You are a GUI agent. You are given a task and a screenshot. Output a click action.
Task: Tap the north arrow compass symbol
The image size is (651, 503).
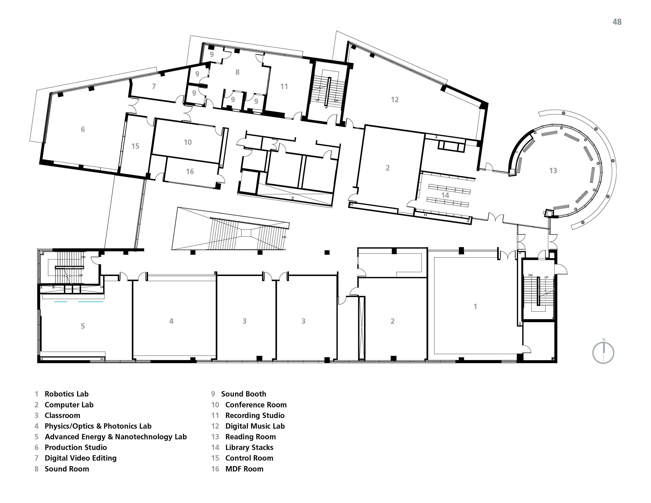603,353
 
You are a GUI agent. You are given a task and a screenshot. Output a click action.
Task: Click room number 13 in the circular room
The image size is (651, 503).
553,171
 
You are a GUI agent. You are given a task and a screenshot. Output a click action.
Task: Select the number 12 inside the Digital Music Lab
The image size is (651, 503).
395,100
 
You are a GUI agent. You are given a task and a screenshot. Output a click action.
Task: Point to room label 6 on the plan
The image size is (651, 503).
83,129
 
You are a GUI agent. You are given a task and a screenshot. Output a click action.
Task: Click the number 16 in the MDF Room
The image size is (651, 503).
190,171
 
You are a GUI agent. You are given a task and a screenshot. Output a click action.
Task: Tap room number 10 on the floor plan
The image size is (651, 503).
188,142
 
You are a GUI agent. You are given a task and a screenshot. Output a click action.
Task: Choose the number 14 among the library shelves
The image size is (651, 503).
445,195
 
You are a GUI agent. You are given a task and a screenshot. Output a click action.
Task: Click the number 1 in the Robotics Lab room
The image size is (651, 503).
475,307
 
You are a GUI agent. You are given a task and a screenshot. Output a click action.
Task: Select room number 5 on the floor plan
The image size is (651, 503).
83,326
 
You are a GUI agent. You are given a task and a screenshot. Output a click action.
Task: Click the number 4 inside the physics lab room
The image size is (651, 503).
171,321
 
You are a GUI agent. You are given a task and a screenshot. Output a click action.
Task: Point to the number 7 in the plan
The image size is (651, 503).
154,86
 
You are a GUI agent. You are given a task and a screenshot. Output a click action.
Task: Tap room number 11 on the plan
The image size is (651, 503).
284,86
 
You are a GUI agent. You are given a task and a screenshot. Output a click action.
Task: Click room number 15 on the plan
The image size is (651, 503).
135,146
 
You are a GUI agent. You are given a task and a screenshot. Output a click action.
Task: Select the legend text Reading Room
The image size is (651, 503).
250,437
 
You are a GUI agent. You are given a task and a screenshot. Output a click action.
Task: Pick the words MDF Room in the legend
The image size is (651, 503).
244,469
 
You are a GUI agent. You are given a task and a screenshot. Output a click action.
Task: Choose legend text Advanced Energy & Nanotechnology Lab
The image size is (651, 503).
116,437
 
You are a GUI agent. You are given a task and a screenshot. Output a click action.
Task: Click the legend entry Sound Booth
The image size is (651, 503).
244,394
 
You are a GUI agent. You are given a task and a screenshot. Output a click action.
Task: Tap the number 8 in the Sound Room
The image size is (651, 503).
237,72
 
